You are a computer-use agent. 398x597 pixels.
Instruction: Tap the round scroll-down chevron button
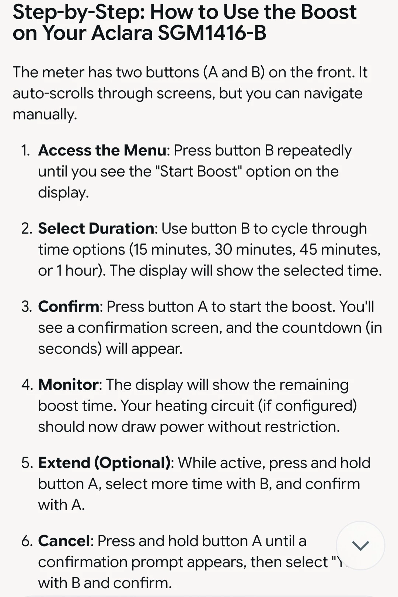click(x=360, y=545)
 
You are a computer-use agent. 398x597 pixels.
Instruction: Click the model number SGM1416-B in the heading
click(x=212, y=33)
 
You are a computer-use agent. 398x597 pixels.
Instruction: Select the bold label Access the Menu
click(x=102, y=150)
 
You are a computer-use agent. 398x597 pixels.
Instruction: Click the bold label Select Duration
click(x=96, y=228)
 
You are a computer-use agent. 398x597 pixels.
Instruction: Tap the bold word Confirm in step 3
click(x=69, y=307)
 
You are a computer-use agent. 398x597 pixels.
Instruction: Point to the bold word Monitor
click(x=68, y=385)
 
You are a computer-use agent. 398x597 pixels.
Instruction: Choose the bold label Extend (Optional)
click(x=104, y=463)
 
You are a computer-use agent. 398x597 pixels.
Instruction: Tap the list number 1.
click(x=25, y=151)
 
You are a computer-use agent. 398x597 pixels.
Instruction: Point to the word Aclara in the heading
click(x=122, y=33)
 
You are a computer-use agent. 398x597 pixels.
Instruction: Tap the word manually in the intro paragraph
click(x=45, y=115)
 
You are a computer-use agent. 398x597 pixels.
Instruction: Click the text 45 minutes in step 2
click(x=340, y=250)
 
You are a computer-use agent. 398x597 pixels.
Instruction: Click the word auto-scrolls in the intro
click(x=53, y=93)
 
